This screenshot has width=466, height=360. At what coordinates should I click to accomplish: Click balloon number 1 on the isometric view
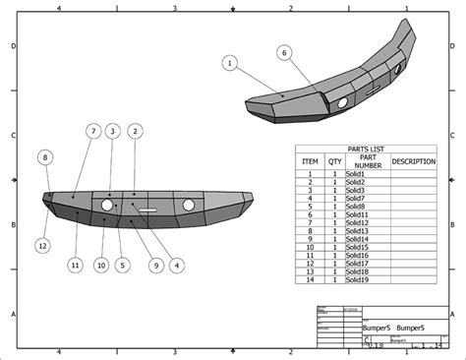coord(230,63)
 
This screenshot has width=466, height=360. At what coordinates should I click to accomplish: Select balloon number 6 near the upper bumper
coord(283,52)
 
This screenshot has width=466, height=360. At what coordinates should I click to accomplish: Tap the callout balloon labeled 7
coord(112,131)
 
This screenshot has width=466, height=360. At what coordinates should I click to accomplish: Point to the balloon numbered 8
coord(45,156)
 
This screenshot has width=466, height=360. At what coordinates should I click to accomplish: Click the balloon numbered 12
coord(42,245)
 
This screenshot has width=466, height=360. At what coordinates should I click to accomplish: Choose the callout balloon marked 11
coord(75,265)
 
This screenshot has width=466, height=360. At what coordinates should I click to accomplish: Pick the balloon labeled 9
coord(155,265)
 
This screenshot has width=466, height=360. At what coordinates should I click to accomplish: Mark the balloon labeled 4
coord(177,265)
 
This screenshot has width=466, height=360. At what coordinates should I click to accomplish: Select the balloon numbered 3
coord(112,131)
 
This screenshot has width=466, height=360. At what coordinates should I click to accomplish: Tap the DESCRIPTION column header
coord(413,161)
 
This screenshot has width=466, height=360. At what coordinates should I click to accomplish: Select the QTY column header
coord(335,161)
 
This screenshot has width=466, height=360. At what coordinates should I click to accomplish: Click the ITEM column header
coord(310,161)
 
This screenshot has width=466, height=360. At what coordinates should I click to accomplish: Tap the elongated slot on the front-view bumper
coord(147,210)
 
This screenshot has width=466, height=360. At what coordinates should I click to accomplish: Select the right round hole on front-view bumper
coord(189,205)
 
